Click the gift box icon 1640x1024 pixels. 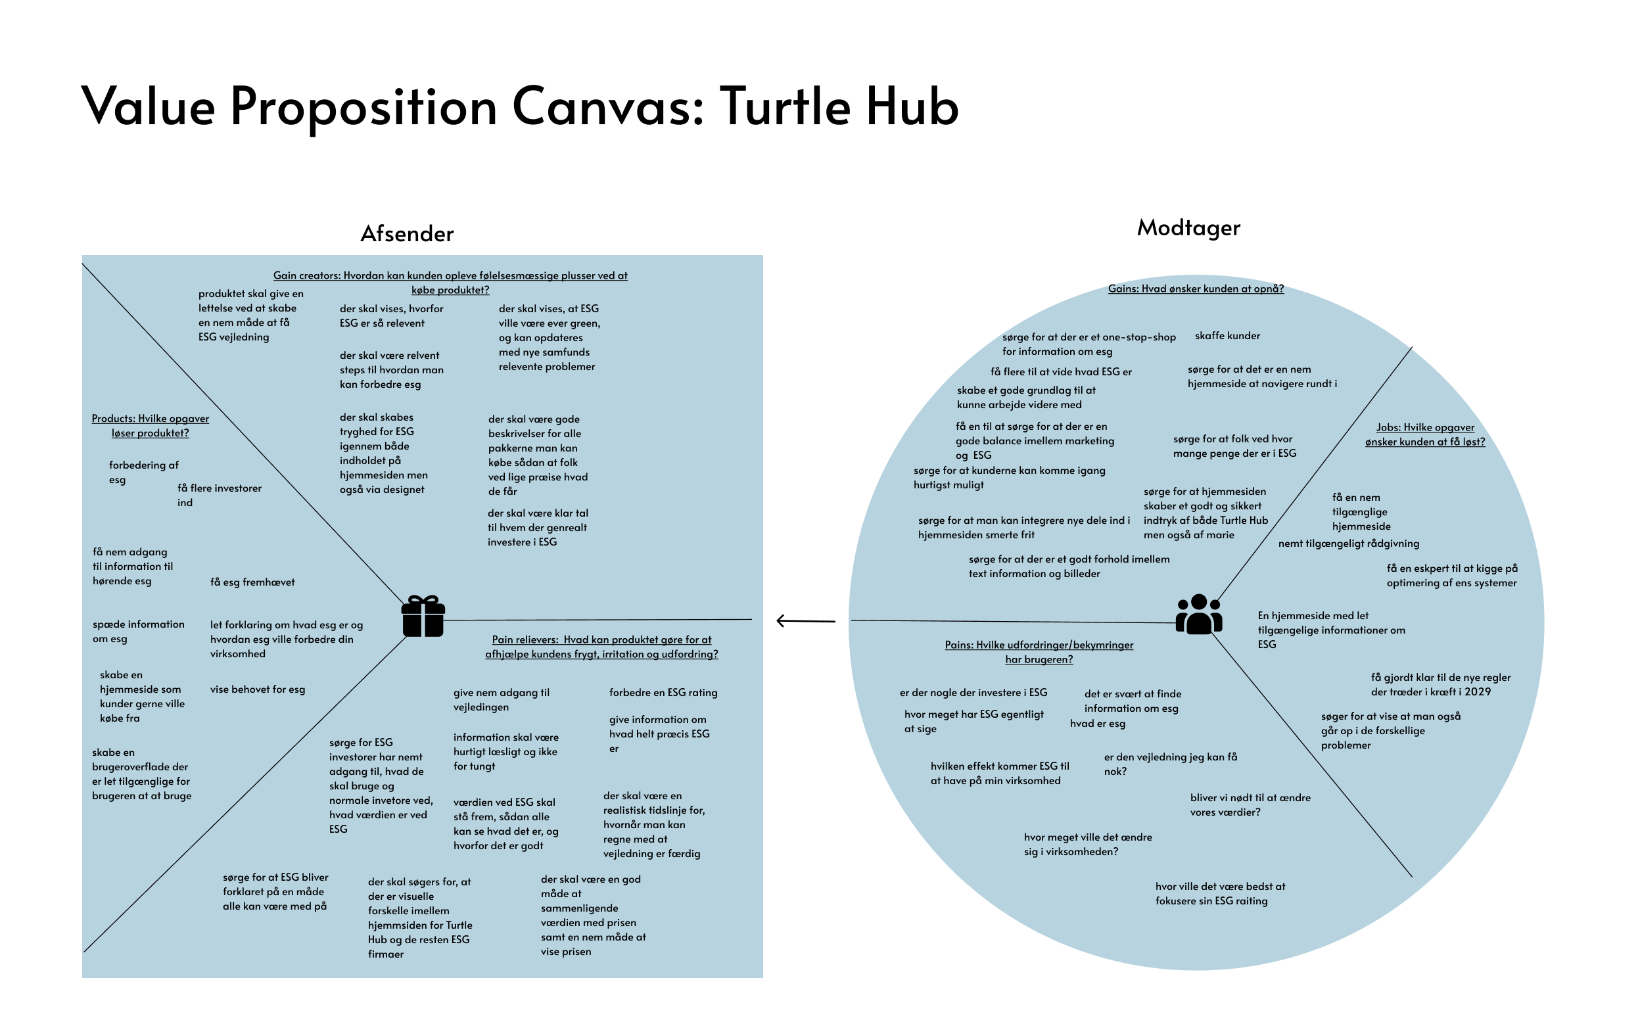pyautogui.click(x=423, y=616)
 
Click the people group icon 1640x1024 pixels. pyautogui.click(x=1198, y=615)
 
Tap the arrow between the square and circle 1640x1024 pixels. pyautogui.click(x=805, y=620)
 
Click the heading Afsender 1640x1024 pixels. pyautogui.click(x=407, y=233)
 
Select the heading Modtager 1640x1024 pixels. pyautogui.click(x=1188, y=227)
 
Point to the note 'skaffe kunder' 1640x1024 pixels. pyautogui.click(x=1227, y=336)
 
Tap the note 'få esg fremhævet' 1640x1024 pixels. pyautogui.click(x=252, y=582)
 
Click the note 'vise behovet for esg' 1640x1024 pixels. pyautogui.click(x=257, y=689)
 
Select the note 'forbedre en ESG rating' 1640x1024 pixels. pyautogui.click(x=663, y=693)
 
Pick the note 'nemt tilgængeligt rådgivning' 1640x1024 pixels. pyautogui.click(x=1348, y=543)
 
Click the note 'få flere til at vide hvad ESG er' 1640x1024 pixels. pyautogui.click(x=1060, y=372)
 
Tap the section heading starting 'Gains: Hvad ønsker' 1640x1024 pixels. pyautogui.click(x=1195, y=289)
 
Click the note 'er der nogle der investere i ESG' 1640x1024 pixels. pyautogui.click(x=973, y=693)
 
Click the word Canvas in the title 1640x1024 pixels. pyautogui.click(x=607, y=106)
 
